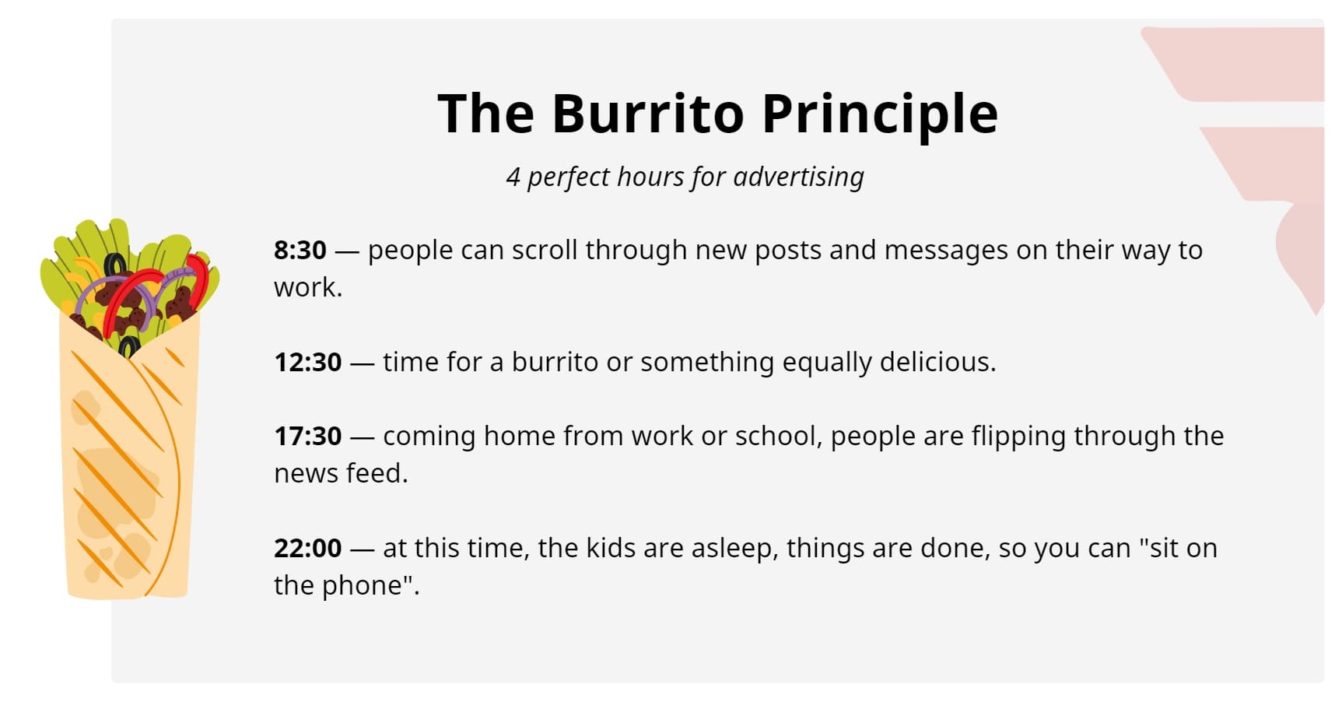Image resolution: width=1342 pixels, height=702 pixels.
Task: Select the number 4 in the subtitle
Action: pyautogui.click(x=513, y=177)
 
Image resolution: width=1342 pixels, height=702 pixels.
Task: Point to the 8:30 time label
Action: pyautogui.click(x=300, y=251)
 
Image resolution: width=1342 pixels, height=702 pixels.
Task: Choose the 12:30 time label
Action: pyautogui.click(x=307, y=363)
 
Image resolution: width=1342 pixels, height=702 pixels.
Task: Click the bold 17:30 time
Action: pyautogui.click(x=307, y=437)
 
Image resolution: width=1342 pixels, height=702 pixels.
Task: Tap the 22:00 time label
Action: pyautogui.click(x=307, y=549)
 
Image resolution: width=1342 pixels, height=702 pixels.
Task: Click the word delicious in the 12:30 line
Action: pyautogui.click(x=937, y=363)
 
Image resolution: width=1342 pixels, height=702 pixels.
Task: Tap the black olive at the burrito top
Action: pyautogui.click(x=115, y=265)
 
